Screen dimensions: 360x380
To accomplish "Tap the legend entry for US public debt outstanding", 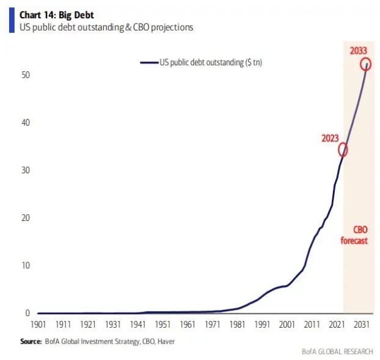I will pos(202,62).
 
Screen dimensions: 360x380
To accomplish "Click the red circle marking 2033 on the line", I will pos(366,63).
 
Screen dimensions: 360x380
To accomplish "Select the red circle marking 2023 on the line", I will pos(343,149).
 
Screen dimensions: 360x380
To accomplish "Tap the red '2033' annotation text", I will pos(359,49).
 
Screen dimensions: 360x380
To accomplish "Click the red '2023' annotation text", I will pos(330,138).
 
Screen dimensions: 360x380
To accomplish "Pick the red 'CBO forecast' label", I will pos(358,235).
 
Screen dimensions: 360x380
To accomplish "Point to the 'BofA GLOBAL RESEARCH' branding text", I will pos(337,351).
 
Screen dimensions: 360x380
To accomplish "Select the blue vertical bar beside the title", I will pos(10,21).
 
